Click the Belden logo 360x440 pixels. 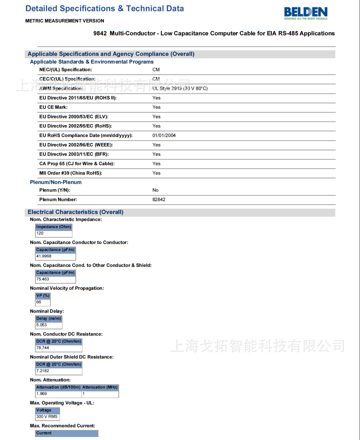tap(306, 13)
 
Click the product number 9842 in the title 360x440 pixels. tap(100, 33)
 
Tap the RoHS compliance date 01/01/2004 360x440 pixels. tap(164, 135)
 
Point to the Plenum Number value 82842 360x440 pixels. tap(159, 199)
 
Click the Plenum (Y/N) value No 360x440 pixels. tap(155, 190)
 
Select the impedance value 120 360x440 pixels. tap(40, 233)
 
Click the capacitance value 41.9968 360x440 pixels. tap(44, 256)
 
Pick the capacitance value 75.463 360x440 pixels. tap(43, 279)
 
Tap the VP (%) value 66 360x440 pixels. tap(39, 302)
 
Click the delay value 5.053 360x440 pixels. tap(42, 325)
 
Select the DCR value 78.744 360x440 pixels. tap(43, 348)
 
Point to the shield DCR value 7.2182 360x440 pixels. tap(43, 371)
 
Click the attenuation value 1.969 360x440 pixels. tap(42, 394)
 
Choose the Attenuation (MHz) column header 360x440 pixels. tap(100, 387)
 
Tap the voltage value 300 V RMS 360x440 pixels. tap(47, 417)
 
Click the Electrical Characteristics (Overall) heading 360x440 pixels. tap(75, 212)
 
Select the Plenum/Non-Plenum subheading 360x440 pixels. tap(56, 182)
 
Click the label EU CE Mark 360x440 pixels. tap(53, 107)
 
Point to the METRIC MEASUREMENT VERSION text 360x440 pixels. tap(65, 21)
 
